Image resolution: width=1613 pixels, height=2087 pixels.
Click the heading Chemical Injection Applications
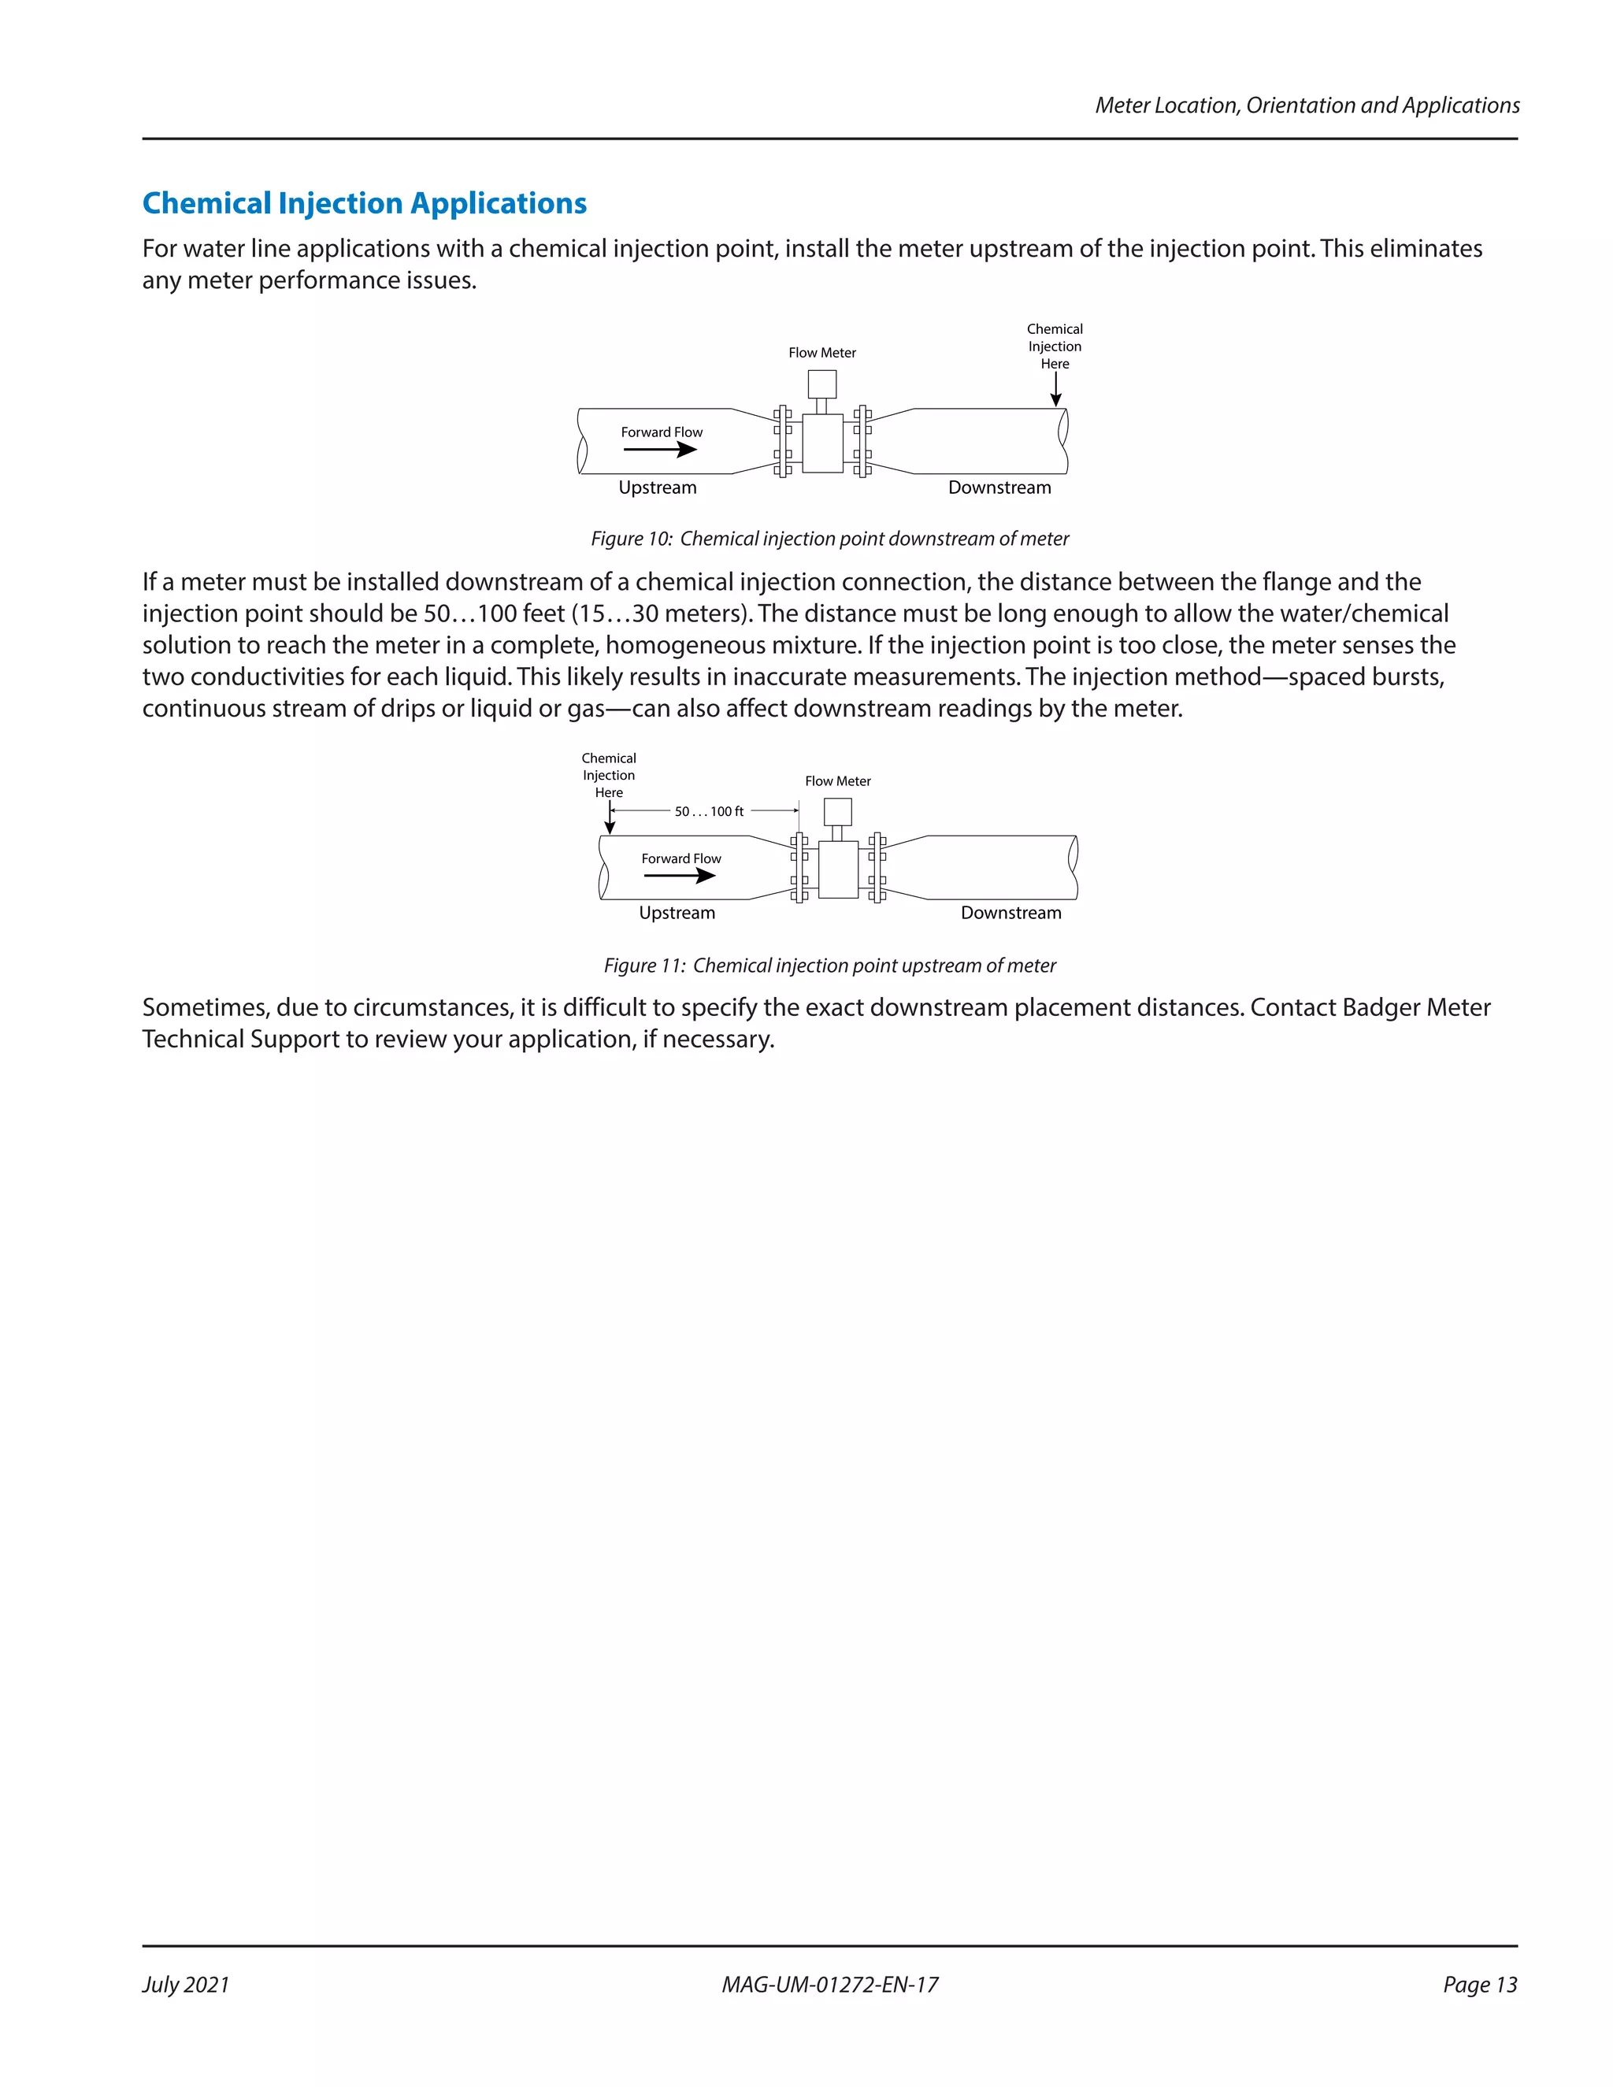[x=364, y=202]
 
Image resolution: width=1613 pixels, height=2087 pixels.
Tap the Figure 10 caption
[x=829, y=539]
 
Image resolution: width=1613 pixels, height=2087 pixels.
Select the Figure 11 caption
[x=829, y=966]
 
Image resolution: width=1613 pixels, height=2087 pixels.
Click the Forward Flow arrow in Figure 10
[x=660, y=449]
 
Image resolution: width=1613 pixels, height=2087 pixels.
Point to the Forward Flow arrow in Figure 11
[x=680, y=875]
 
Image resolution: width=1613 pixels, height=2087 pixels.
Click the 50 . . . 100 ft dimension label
[x=708, y=811]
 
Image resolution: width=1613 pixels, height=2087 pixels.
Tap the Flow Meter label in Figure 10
[x=821, y=353]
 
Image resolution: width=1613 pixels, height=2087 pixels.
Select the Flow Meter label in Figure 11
[x=837, y=780]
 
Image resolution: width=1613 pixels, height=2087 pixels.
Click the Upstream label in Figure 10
[x=658, y=487]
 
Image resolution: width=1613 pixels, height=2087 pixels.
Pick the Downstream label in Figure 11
[x=1011, y=913]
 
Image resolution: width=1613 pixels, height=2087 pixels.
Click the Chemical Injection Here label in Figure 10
[x=1055, y=346]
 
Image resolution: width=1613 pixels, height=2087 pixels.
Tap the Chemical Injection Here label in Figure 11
[x=609, y=775]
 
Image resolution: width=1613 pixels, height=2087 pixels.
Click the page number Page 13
[x=1479, y=1985]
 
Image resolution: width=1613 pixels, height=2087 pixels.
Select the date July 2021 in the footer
[x=187, y=1985]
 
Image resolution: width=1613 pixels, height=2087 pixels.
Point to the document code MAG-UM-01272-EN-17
[x=829, y=1985]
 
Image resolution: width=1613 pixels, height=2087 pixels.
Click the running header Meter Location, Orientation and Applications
[x=1307, y=105]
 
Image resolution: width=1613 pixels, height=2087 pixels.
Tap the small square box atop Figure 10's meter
[x=821, y=384]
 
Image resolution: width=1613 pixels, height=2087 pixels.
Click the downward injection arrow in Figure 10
[x=1056, y=389]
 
